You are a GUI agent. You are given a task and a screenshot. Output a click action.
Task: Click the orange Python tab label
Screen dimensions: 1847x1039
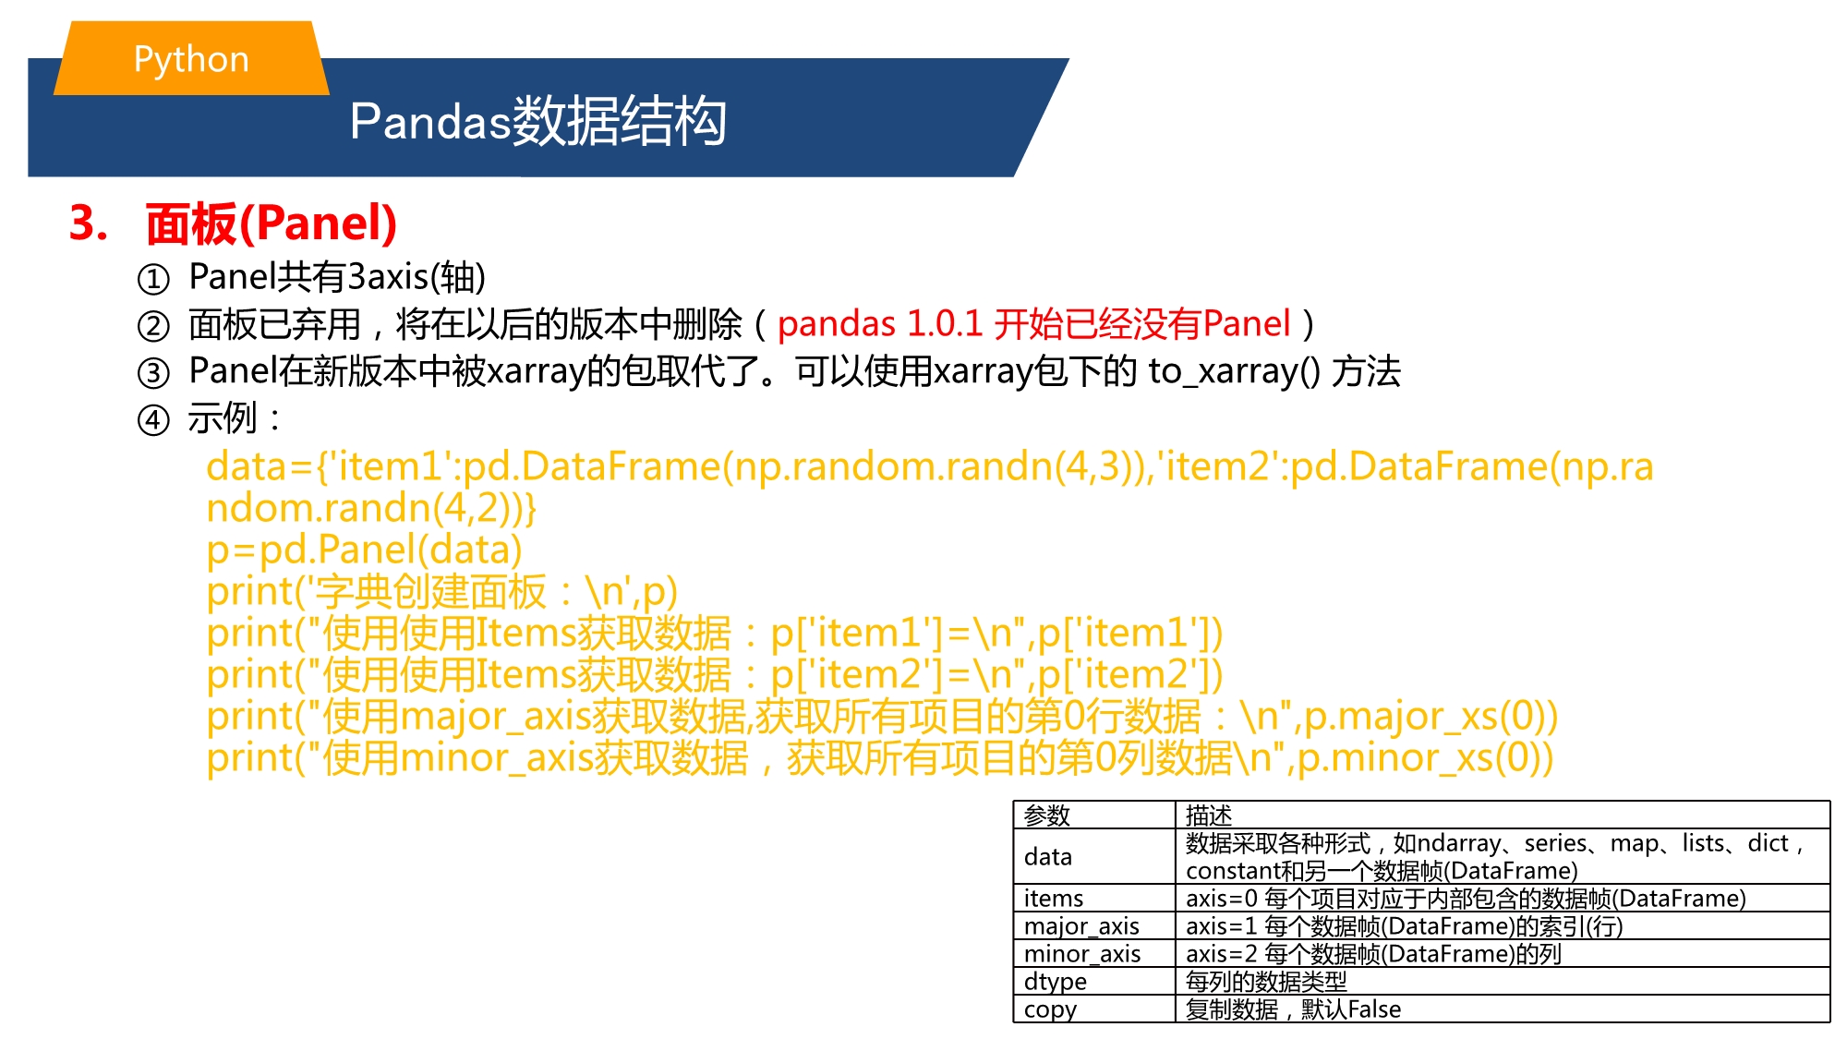click(x=191, y=58)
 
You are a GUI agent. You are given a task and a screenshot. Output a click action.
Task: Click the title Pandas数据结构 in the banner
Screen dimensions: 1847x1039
click(x=538, y=121)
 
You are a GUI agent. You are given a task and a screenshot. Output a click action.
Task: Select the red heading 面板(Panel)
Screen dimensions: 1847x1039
click(x=272, y=224)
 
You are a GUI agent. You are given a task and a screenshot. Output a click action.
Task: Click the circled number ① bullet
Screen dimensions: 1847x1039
click(x=153, y=279)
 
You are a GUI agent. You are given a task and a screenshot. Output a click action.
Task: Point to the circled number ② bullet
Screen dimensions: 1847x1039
click(x=153, y=326)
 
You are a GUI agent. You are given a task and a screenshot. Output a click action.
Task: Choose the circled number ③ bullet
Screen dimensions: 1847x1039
click(x=153, y=373)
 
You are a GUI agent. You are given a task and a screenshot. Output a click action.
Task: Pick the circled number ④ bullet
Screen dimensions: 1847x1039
click(x=153, y=420)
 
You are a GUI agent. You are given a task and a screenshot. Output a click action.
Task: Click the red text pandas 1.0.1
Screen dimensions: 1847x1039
click(x=880, y=324)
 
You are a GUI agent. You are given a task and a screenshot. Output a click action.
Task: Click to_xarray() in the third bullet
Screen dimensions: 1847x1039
click(x=1235, y=371)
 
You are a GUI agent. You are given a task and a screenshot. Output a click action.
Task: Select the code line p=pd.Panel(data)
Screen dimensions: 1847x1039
click(x=365, y=550)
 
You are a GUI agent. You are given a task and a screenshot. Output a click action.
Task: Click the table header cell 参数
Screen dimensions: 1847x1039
click(x=1047, y=815)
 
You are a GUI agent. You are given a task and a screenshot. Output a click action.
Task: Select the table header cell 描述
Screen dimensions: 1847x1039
click(x=1209, y=815)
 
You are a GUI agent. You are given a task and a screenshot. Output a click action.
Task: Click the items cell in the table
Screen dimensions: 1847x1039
click(x=1054, y=899)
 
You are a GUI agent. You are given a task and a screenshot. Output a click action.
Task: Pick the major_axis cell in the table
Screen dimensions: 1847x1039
click(x=1081, y=926)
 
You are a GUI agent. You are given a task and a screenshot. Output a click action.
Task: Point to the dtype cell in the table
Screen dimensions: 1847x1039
click(x=1056, y=982)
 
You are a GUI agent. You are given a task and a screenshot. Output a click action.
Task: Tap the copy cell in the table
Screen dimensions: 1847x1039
click(x=1051, y=1009)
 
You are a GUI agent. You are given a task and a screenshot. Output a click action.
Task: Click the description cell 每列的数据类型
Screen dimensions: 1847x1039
click(x=1266, y=982)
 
